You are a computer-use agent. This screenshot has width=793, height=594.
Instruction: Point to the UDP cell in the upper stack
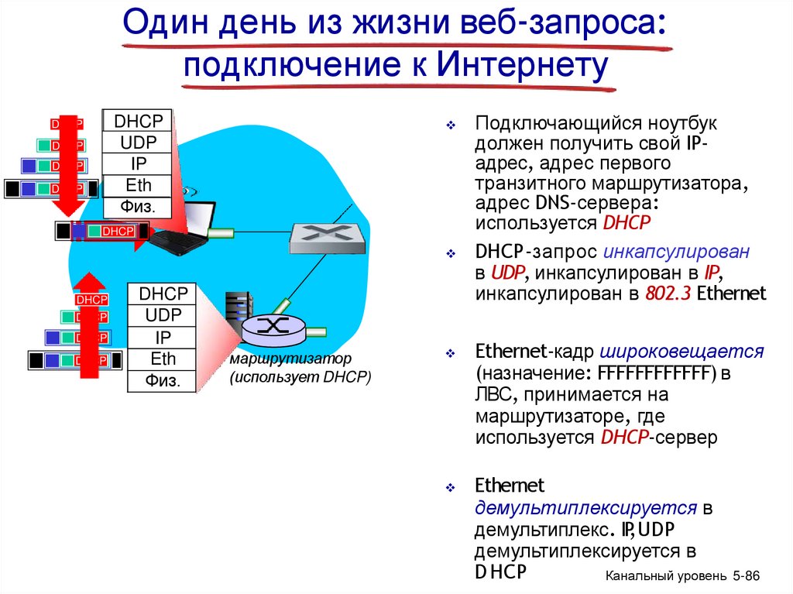pos(139,142)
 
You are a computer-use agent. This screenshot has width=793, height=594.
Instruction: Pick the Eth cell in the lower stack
pos(163,359)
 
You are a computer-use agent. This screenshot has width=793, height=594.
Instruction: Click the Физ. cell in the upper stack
pos(139,207)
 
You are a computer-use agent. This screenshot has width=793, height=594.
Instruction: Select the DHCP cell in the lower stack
pos(163,294)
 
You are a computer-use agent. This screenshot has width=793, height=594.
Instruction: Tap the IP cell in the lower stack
pos(163,338)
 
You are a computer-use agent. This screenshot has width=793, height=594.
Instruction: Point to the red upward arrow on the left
pos(91,325)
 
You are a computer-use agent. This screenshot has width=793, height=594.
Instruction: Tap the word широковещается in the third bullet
pos(681,352)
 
